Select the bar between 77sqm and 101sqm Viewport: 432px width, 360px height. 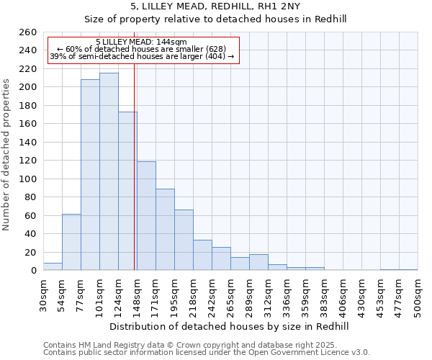(x=90, y=174)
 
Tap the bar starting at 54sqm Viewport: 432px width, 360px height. (x=71, y=242)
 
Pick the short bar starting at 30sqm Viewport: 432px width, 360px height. (x=53, y=266)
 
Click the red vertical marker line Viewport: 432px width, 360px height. (x=135, y=180)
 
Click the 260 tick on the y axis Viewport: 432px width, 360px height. (x=28, y=32)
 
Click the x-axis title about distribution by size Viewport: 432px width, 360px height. (x=230, y=326)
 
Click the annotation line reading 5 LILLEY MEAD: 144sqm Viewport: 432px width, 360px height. (x=141, y=42)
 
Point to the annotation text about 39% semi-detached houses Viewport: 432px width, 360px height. (x=141, y=56)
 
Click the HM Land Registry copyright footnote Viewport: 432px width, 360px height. (x=206, y=345)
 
